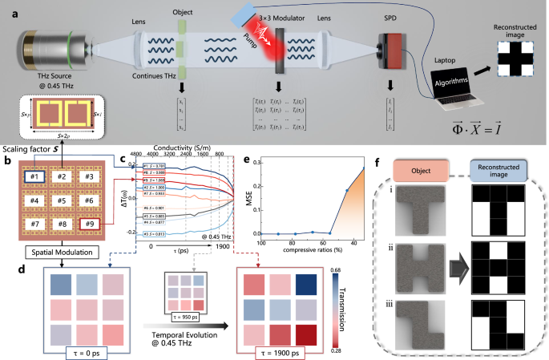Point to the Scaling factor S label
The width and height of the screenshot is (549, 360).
point(32,149)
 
